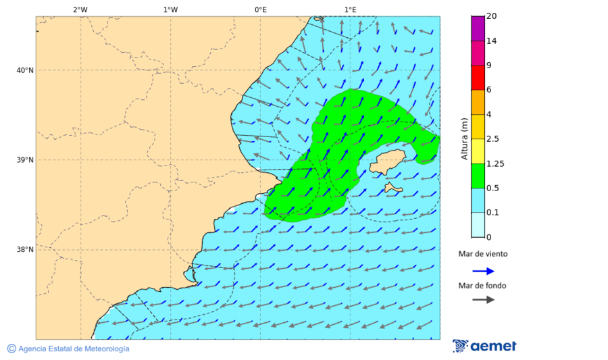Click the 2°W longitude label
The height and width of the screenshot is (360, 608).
pyautogui.click(x=80, y=9)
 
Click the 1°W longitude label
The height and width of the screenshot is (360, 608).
pyautogui.click(x=170, y=9)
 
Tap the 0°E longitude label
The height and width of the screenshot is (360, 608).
pyautogui.click(x=260, y=9)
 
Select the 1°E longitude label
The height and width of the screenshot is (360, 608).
pyautogui.click(x=350, y=9)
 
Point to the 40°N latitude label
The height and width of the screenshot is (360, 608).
pyautogui.click(x=25, y=70)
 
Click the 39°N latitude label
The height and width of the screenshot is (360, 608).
pyautogui.click(x=25, y=160)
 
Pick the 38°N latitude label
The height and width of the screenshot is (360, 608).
pyautogui.click(x=25, y=250)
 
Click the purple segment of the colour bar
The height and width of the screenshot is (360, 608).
pyautogui.click(x=478, y=28)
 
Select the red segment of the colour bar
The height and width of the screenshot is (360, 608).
pyautogui.click(x=478, y=77)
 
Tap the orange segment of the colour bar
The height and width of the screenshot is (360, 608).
pyautogui.click(x=478, y=102)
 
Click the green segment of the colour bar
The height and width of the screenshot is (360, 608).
pyautogui.click(x=478, y=176)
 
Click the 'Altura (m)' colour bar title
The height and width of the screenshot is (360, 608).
pyautogui.click(x=464, y=139)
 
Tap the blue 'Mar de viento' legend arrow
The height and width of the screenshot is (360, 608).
pyautogui.click(x=483, y=271)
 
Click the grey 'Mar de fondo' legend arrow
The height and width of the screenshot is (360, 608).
pyautogui.click(x=483, y=299)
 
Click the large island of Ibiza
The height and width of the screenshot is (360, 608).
pyautogui.click(x=387, y=161)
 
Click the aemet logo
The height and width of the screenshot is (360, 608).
pyautogui.click(x=484, y=346)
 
